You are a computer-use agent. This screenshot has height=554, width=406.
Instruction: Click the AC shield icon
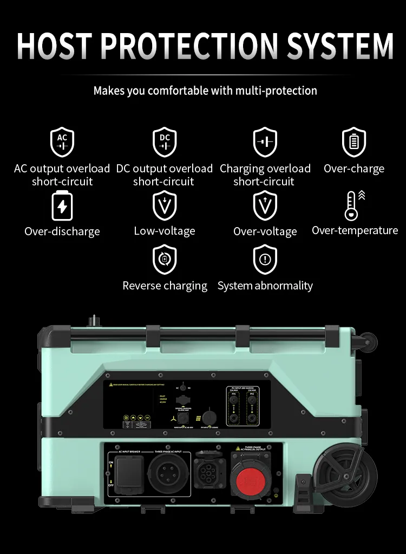[x=62, y=142]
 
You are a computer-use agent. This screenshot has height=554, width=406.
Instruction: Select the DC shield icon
[x=165, y=142]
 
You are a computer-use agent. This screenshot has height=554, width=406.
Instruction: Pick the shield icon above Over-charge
[x=354, y=142]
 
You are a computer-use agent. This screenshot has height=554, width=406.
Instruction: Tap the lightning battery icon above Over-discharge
[x=62, y=206]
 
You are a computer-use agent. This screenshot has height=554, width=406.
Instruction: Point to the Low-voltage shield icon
[x=165, y=206]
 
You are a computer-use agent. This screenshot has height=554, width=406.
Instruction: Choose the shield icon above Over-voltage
[x=265, y=206]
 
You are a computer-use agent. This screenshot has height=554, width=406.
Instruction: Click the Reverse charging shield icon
[x=165, y=260]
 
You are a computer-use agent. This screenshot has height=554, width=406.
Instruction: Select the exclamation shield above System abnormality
[x=265, y=260]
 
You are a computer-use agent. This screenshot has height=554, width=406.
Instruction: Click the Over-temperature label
[x=355, y=230]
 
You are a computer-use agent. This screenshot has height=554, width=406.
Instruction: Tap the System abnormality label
[x=265, y=286]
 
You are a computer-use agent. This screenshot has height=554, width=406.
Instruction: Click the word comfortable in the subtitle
[x=178, y=91]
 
